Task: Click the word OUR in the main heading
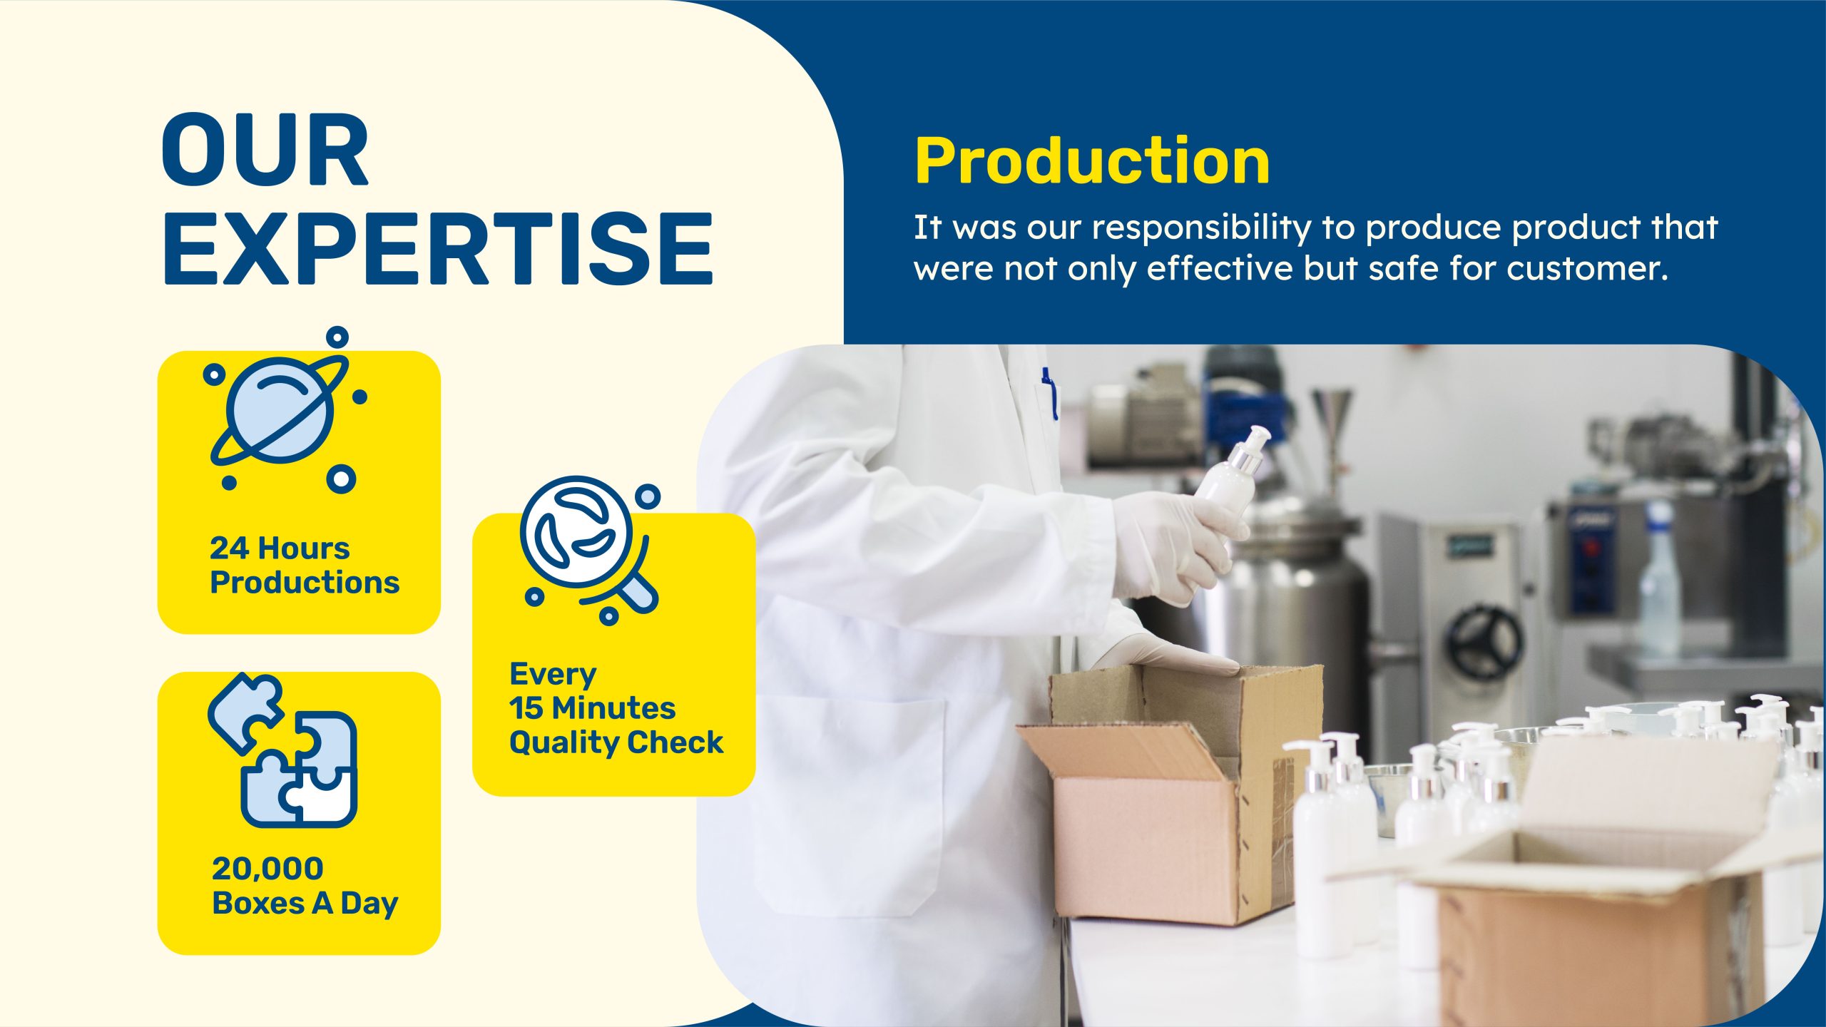(265, 150)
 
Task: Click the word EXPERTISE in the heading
(439, 248)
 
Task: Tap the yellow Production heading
(1092, 162)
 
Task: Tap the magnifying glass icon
(590, 550)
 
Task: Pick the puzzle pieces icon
(283, 750)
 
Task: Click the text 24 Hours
(280, 548)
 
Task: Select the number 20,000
(267, 869)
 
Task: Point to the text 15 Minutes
(592, 708)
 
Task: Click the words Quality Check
(616, 742)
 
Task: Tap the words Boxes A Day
(305, 904)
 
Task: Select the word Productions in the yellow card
(305, 583)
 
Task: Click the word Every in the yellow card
(553, 674)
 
